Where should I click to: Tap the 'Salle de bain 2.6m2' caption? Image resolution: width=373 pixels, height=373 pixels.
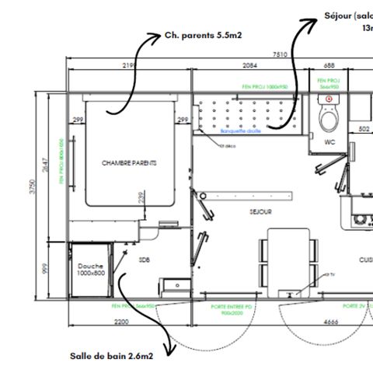coord(111,355)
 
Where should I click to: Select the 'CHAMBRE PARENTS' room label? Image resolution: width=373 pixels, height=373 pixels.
coord(129,163)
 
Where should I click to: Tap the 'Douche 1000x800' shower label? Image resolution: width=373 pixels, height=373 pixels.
coord(91,268)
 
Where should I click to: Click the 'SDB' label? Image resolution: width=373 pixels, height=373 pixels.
coord(144,260)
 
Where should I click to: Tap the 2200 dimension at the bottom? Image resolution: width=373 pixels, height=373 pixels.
coord(120,320)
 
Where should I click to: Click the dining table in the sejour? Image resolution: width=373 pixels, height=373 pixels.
coord(289,260)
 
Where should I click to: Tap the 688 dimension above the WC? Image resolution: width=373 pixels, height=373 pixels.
coord(329,65)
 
